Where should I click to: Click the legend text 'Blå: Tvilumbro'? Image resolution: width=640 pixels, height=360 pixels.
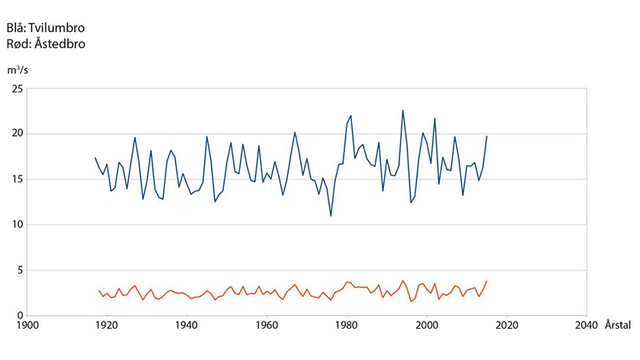[x=46, y=28]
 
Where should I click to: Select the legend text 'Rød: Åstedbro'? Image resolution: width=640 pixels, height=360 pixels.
[x=46, y=44]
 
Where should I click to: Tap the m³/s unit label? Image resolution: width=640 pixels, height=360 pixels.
[x=18, y=70]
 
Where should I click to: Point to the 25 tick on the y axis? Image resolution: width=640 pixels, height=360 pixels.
[x=17, y=89]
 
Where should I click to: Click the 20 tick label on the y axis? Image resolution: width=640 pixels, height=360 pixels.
[x=17, y=134]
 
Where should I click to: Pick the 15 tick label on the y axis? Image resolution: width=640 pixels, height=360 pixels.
[x=17, y=179]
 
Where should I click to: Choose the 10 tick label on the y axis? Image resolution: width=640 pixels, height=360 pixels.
[x=17, y=225]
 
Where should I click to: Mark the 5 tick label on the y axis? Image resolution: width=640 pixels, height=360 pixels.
[x=19, y=270]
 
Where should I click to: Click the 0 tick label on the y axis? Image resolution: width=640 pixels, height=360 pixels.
[x=19, y=316]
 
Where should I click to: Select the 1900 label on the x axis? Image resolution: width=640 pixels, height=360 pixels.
[x=27, y=326]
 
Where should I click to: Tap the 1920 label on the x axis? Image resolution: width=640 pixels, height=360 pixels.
[x=107, y=326]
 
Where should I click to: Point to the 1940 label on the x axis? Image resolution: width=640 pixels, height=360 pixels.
[x=187, y=326]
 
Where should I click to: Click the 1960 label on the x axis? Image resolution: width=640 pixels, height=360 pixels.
[x=267, y=326]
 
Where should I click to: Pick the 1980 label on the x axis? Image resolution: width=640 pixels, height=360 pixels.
[x=347, y=326]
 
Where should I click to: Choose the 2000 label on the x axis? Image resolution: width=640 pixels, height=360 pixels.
[x=427, y=326]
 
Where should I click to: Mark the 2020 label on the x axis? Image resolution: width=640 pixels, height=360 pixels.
[x=507, y=326]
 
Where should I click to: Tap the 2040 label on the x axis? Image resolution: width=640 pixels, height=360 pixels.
[x=586, y=326]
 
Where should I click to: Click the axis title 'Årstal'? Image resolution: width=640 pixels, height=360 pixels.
[x=618, y=326]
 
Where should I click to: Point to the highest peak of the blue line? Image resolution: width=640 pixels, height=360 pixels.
[x=403, y=110]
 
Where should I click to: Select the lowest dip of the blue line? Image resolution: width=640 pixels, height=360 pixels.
[x=331, y=216]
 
